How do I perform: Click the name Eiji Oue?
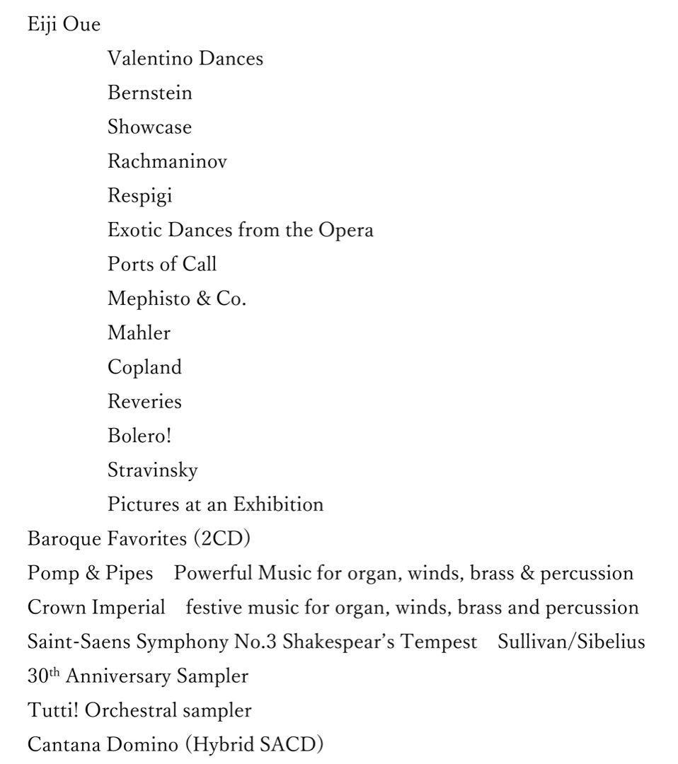(64, 25)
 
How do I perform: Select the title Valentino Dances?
(185, 59)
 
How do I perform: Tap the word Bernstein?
(149, 93)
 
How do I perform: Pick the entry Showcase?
(149, 127)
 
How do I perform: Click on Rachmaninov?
(167, 161)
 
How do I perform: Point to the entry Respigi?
(139, 196)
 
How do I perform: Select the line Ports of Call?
(162, 264)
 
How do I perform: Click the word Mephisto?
(149, 299)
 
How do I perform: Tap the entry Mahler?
(139, 332)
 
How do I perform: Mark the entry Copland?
(144, 367)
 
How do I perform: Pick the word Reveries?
(144, 401)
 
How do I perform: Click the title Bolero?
(139, 436)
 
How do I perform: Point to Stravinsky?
(152, 470)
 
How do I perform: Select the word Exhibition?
(278, 504)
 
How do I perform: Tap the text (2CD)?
(222, 539)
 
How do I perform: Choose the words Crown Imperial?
(96, 608)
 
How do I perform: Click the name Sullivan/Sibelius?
(571, 642)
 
